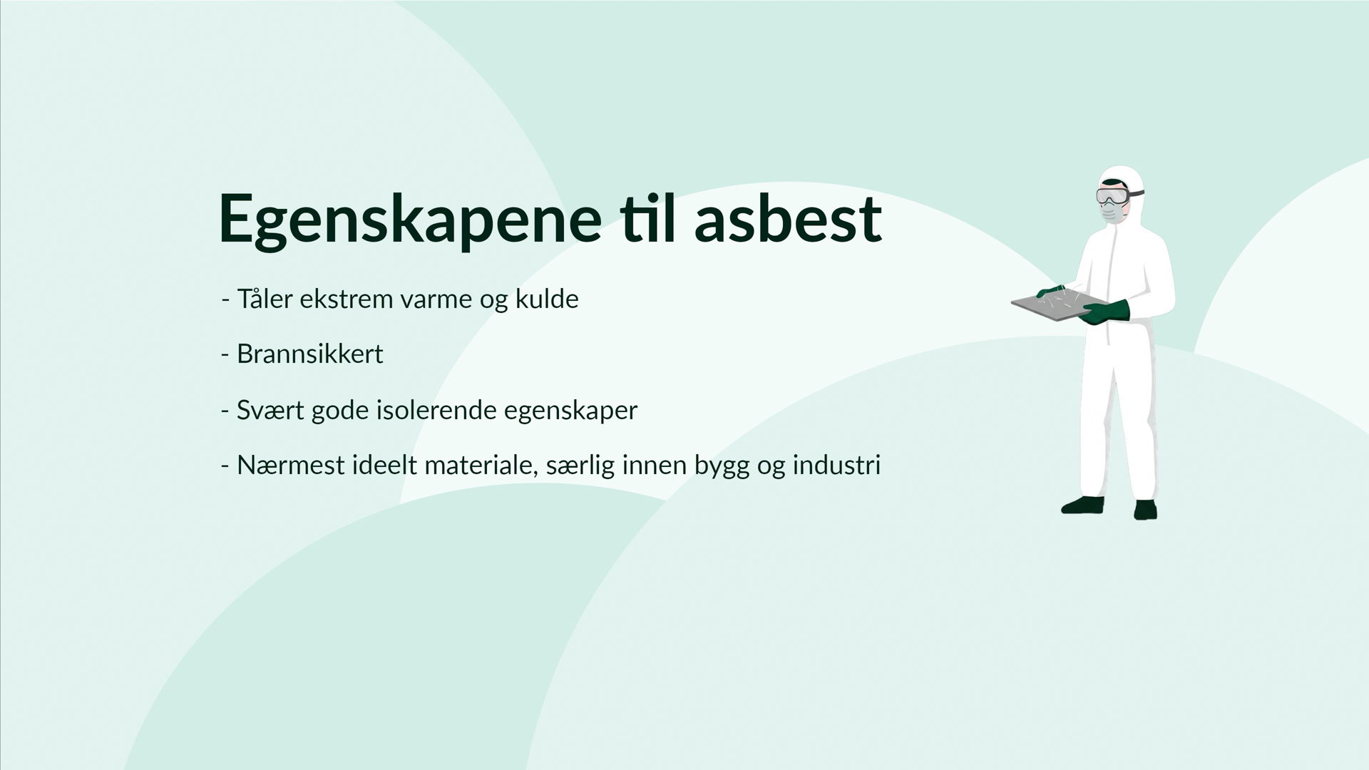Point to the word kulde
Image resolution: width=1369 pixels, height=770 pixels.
coord(547,299)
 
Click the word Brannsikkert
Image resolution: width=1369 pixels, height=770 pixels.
coord(310,354)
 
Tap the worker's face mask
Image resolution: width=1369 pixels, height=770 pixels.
coord(1111,212)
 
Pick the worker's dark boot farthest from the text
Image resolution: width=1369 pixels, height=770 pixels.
coord(1145,509)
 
